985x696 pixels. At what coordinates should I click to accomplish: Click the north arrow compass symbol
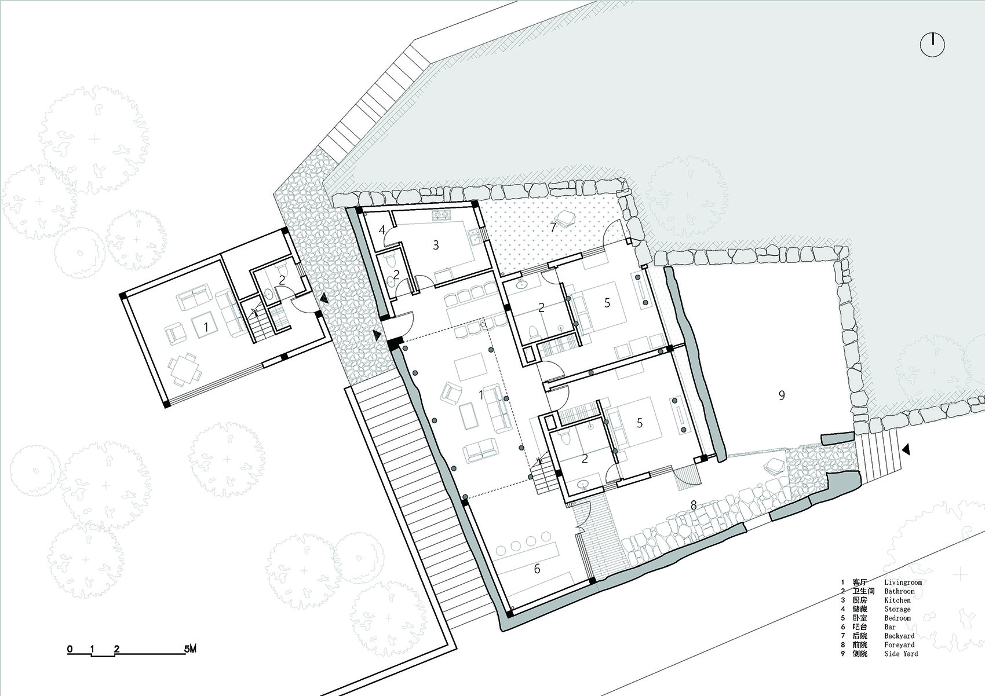[932, 45]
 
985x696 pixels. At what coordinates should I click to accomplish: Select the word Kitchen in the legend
[898, 600]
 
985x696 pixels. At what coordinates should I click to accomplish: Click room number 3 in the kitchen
[436, 245]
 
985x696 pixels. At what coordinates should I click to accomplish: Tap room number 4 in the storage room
[382, 230]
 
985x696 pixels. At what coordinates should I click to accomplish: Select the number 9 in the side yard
[782, 395]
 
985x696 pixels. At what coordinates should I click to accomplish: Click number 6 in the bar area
[537, 569]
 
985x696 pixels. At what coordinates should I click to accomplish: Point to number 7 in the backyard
[553, 228]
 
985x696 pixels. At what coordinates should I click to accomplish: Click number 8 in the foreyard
[693, 505]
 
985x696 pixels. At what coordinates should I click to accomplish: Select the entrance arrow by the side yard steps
[906, 449]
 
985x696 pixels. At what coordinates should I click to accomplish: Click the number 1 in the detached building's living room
[205, 327]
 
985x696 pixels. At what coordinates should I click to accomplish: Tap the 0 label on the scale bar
[70, 649]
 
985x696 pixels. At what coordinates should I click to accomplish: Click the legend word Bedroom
[898, 618]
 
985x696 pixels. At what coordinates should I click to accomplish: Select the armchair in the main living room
[451, 393]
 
